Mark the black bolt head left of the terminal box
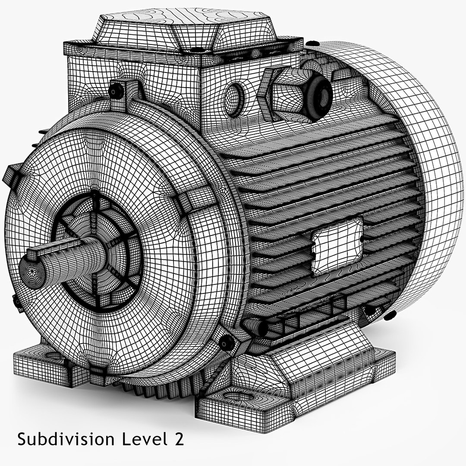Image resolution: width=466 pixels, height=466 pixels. [114, 90]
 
